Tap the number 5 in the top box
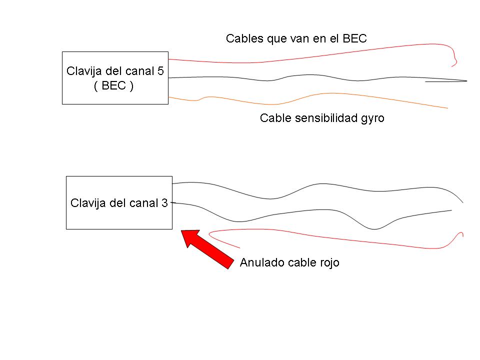(160, 70)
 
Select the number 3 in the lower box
(164, 203)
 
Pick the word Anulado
(262, 262)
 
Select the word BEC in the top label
(354, 38)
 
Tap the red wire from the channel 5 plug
(300, 57)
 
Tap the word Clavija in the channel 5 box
(83, 70)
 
